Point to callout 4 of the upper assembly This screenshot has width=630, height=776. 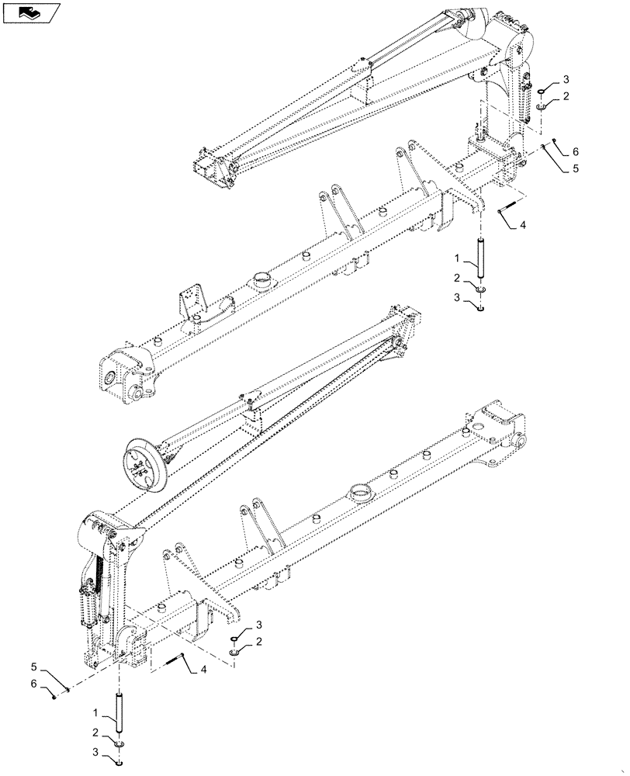(523, 225)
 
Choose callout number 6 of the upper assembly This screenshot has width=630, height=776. (575, 151)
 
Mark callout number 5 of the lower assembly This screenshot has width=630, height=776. (33, 666)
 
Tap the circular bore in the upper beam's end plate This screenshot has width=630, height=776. (114, 379)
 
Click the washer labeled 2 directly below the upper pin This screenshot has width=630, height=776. (480, 289)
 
